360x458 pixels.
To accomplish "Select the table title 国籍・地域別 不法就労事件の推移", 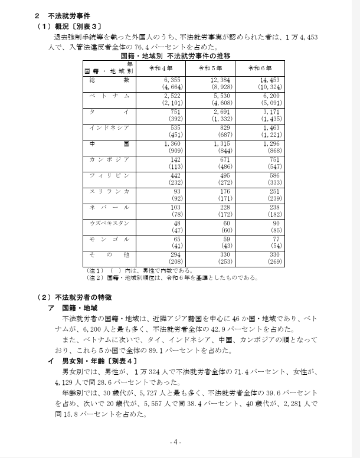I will tap(175, 55).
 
